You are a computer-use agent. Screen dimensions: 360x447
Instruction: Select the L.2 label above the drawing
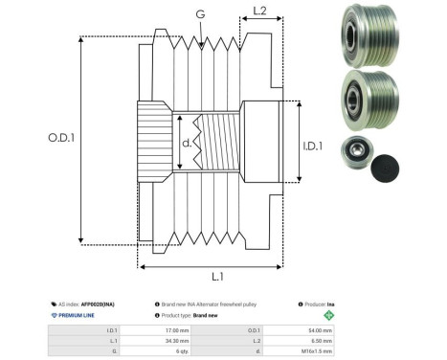[x=259, y=12]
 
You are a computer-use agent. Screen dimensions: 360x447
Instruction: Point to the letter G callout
[x=199, y=14]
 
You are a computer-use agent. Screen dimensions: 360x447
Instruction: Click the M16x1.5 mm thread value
[x=317, y=351]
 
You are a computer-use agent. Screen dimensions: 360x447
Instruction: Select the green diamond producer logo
[x=330, y=314]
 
